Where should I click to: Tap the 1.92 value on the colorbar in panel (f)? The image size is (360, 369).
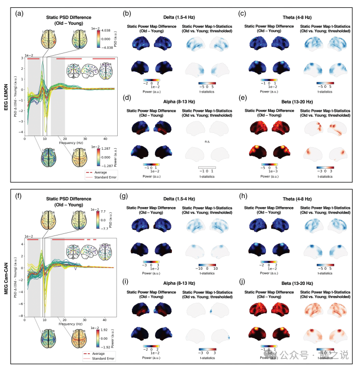[x=103, y=329]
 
